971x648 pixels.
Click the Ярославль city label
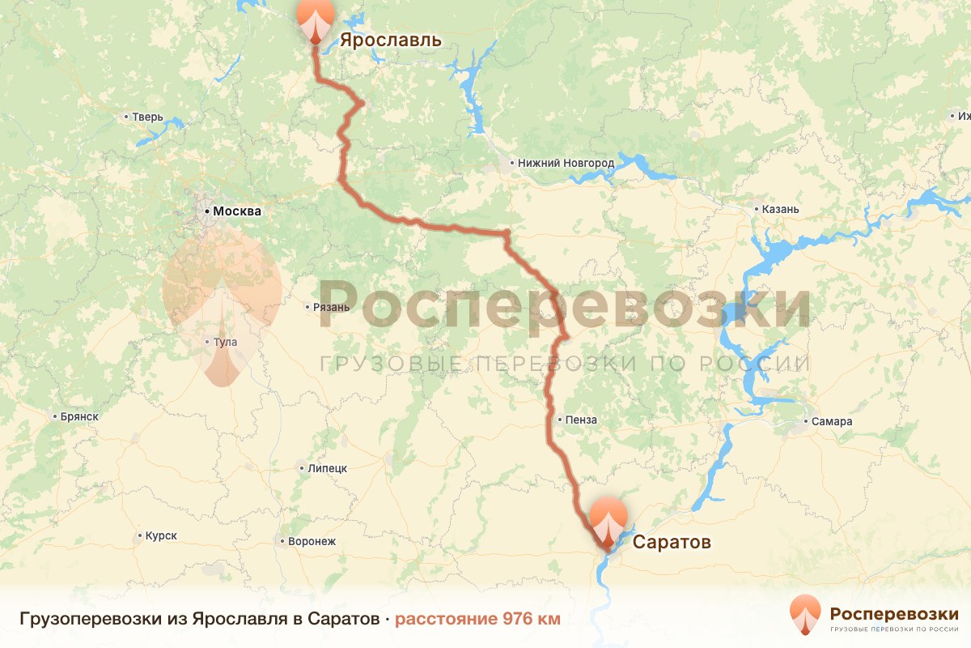point(390,40)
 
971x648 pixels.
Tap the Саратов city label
point(672,542)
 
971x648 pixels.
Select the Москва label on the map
point(237,211)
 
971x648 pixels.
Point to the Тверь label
point(148,117)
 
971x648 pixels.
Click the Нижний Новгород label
point(566,163)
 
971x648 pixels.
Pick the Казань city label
point(781,209)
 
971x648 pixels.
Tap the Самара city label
point(833,422)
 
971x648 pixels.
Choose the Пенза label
point(583,420)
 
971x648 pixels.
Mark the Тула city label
point(226,342)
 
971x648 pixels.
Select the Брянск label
point(79,416)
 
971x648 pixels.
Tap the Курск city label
point(161,535)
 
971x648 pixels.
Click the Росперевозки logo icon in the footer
point(805,614)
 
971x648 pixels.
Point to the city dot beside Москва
point(207,211)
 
